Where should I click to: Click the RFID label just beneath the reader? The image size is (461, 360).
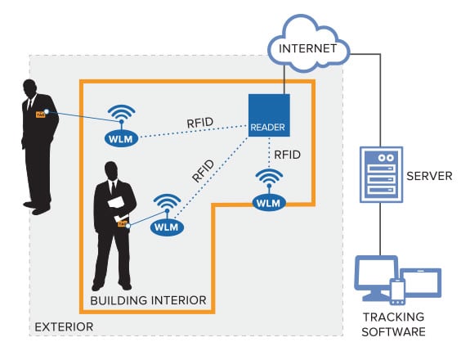(286, 153)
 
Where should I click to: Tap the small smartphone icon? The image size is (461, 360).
(398, 291)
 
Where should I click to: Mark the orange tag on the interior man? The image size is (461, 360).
(122, 223)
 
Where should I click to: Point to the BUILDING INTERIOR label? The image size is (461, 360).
(147, 299)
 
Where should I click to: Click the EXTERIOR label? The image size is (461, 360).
(63, 327)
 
